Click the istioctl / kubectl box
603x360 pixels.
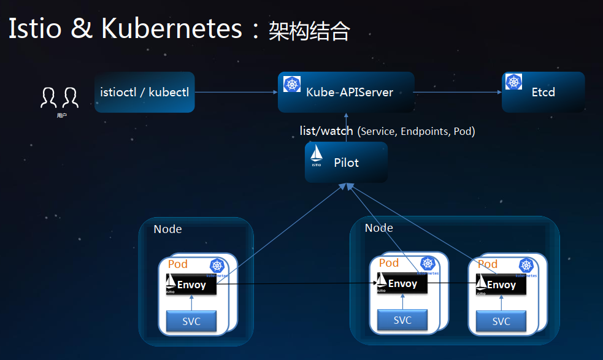145,93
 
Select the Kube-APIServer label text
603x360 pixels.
349,93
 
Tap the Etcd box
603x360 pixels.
543,93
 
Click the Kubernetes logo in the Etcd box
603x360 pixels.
513,82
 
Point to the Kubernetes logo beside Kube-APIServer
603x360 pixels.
292,85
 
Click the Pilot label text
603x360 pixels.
347,163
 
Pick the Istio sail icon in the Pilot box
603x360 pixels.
317,156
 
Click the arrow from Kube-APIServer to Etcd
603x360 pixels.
458,93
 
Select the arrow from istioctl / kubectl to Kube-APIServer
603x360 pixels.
236,93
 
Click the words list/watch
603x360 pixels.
326,131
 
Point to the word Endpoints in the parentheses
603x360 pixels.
424,131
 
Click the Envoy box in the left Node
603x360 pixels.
191,285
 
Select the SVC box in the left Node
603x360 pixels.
191,321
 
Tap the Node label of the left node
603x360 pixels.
167,229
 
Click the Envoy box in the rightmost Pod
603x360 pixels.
501,284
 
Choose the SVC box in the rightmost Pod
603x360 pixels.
501,321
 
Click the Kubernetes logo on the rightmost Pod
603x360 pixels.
526,266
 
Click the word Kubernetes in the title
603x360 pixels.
172,29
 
